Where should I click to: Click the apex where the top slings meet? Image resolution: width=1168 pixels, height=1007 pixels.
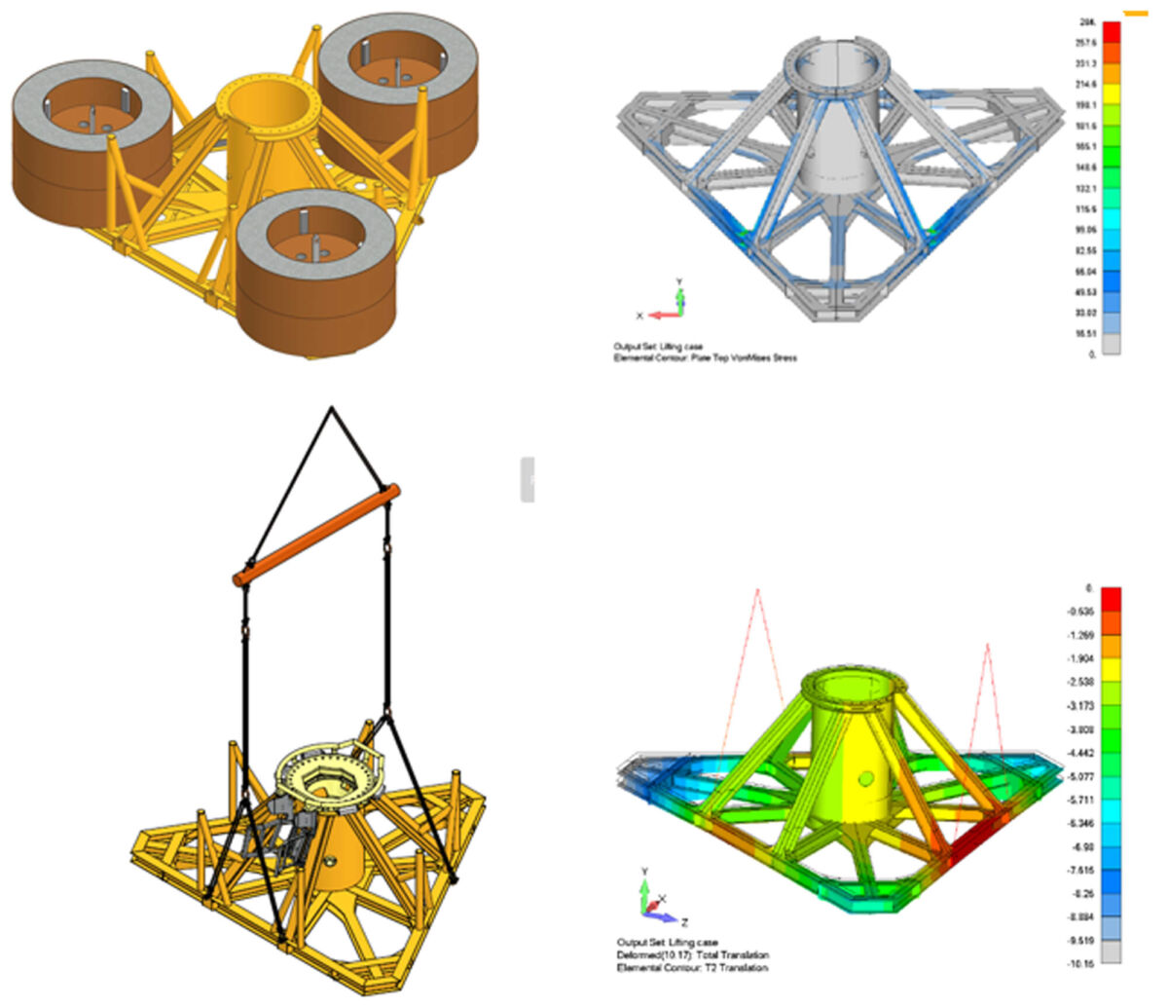tap(332, 406)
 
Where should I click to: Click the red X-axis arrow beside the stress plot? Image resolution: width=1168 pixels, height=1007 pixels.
tap(662, 315)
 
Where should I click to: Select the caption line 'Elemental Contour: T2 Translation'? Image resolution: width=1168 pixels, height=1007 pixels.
tap(692, 967)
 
